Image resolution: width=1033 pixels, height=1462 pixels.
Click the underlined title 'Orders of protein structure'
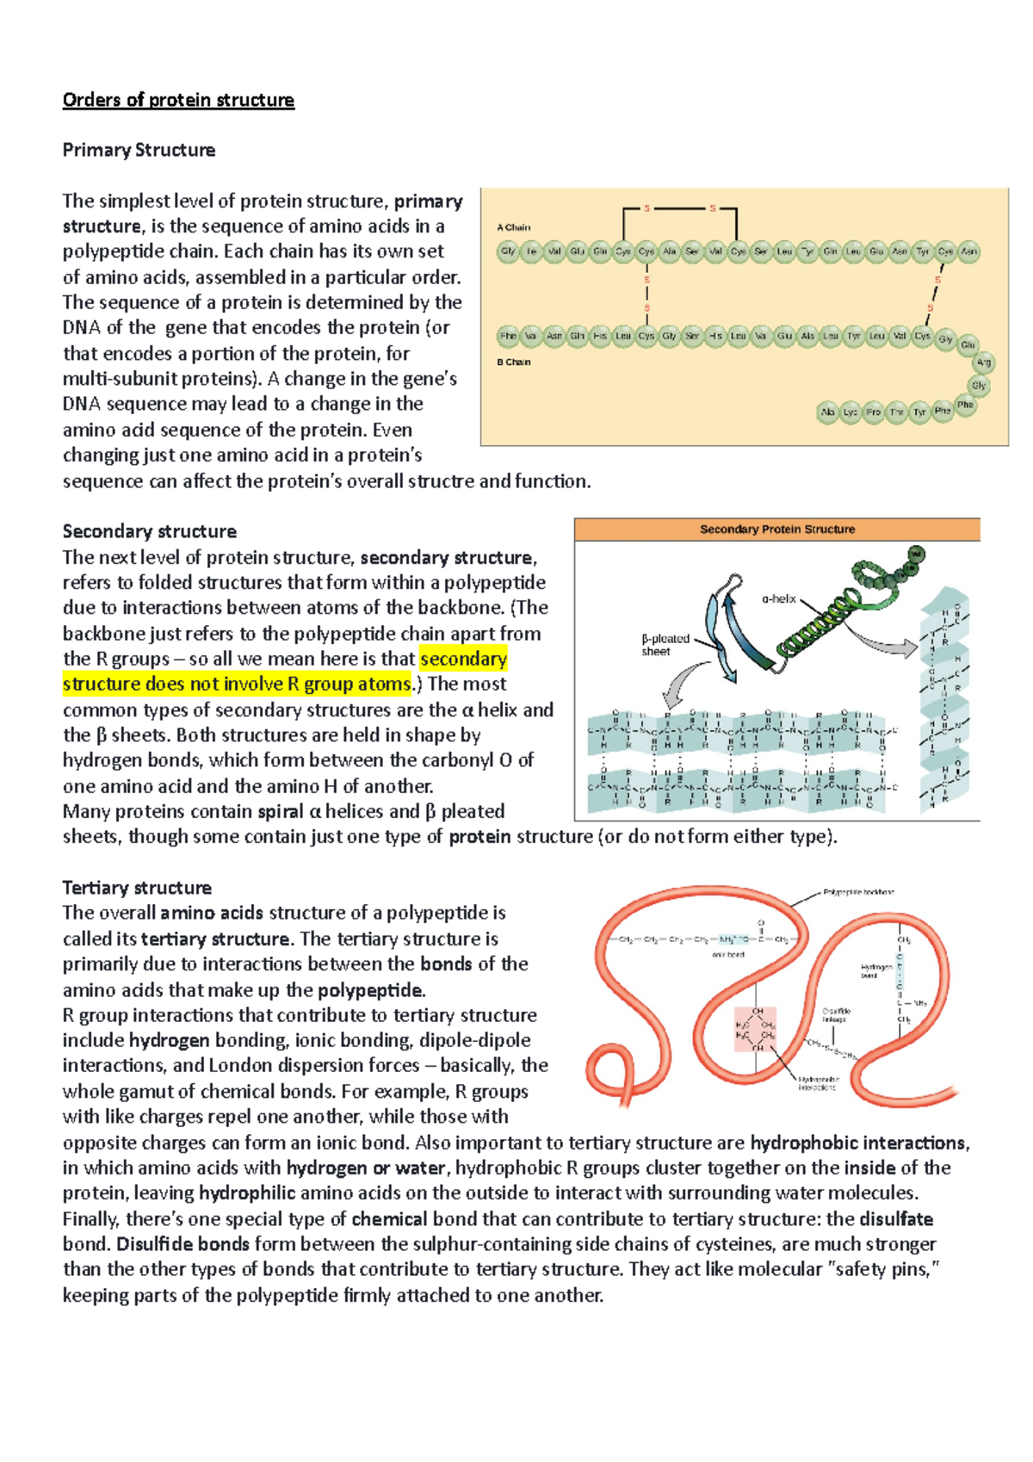[178, 100]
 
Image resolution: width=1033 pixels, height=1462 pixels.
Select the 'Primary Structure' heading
[139, 150]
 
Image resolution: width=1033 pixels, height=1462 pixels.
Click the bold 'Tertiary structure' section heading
[137, 888]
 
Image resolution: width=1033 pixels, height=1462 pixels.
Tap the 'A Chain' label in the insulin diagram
[514, 227]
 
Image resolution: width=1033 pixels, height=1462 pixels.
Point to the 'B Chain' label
[514, 362]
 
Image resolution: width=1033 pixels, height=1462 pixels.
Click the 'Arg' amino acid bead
[983, 362]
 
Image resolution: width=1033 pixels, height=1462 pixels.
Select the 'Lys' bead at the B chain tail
[850, 412]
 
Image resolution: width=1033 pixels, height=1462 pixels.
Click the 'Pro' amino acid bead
[873, 412]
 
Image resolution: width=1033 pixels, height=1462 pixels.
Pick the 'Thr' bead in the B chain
[896, 412]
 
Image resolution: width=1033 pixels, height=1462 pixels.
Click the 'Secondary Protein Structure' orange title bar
[776, 530]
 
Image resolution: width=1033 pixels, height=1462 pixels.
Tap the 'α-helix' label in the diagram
[778, 598]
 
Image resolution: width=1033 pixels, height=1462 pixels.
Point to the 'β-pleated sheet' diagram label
[665, 645]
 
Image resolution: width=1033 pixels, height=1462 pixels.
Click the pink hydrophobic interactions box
[755, 1029]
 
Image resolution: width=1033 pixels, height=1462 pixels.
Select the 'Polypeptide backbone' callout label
[858, 892]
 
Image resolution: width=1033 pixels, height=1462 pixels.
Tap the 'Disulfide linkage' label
[836, 1015]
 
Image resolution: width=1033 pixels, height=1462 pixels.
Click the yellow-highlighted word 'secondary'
[463, 660]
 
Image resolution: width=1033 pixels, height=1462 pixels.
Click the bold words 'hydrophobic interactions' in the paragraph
[858, 1143]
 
